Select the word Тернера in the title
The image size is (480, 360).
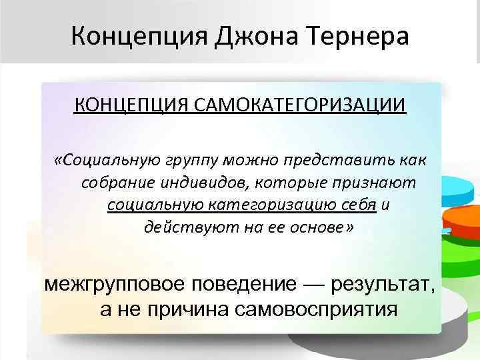click(361, 34)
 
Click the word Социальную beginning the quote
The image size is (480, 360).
click(105, 160)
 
